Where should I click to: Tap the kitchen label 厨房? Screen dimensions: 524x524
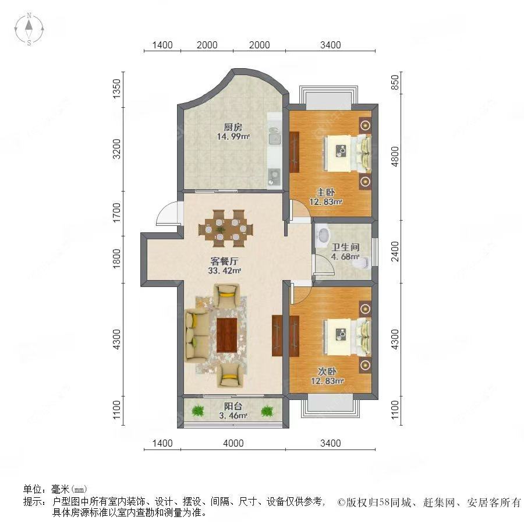tap(233, 128)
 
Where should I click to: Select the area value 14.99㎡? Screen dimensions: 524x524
tap(233, 137)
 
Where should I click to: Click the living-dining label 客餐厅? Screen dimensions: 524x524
tap(224, 260)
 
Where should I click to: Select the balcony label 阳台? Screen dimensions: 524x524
tap(233, 406)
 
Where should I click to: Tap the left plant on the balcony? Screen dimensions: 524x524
tap(198, 411)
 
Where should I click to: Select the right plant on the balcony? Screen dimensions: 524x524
tap(267, 411)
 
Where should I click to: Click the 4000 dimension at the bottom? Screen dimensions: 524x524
tap(233, 444)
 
